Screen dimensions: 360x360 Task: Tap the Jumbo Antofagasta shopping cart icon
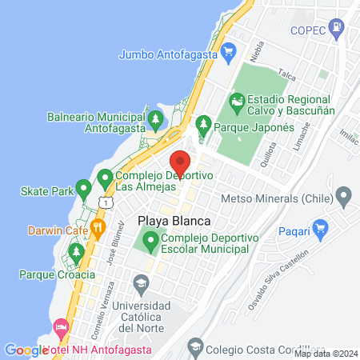230,54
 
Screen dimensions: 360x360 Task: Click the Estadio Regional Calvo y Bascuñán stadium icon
236,102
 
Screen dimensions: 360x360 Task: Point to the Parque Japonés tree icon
204,125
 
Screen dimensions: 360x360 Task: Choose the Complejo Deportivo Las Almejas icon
104,177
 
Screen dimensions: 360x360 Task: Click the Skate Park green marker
83,190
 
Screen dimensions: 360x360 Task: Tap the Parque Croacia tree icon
77,254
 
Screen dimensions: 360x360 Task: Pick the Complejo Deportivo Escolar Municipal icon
149,239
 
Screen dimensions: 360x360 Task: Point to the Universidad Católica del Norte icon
141,283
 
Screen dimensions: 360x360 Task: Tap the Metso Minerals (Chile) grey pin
345,195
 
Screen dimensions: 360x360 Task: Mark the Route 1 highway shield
104,203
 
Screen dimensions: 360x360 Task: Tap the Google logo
26,350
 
